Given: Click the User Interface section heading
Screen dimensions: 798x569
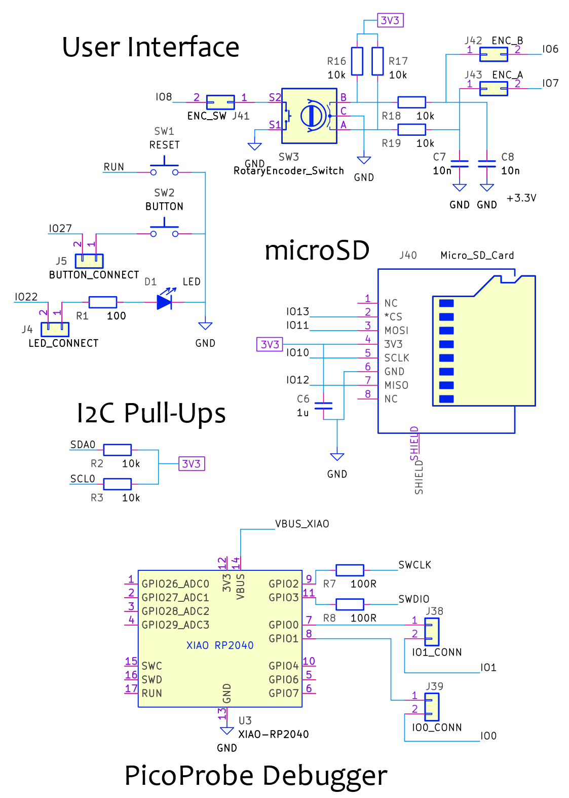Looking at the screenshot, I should pyautogui.click(x=150, y=47).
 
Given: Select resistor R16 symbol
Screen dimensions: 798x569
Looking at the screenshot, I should pyautogui.click(x=357, y=61).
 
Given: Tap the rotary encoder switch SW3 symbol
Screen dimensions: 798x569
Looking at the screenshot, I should pyautogui.click(x=309, y=116).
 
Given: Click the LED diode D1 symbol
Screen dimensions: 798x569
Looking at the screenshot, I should pyautogui.click(x=164, y=302).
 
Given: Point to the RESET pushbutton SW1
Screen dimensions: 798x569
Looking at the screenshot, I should pyautogui.click(x=164, y=167).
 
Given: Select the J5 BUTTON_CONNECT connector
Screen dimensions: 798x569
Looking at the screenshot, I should pyautogui.click(x=89, y=261).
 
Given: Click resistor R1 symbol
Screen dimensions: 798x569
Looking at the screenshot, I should pyautogui.click(x=103, y=302).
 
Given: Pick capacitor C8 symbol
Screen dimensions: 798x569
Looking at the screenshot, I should pyautogui.click(x=487, y=164).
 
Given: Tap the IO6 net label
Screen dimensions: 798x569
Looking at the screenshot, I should pyautogui.click(x=550, y=49).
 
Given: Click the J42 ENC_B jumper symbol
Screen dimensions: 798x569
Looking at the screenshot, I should pyautogui.click(x=494, y=54).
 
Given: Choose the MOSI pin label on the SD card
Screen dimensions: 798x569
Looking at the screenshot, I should pyautogui.click(x=396, y=331).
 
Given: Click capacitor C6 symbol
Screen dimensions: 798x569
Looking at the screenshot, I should pyautogui.click(x=323, y=406).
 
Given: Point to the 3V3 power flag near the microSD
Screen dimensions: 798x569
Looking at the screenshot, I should pyautogui.click(x=270, y=345).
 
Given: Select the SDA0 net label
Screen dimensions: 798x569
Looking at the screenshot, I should pyautogui.click(x=83, y=445).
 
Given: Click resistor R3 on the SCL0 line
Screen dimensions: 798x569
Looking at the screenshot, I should pyautogui.click(x=117, y=484).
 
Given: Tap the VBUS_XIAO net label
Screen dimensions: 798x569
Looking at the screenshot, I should pyautogui.click(x=302, y=524).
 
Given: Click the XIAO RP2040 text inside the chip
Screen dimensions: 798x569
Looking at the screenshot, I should pyautogui.click(x=220, y=645).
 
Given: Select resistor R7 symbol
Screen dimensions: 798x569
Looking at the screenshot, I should pyautogui.click(x=350, y=570).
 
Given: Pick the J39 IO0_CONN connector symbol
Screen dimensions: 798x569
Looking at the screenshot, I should pyautogui.click(x=432, y=707).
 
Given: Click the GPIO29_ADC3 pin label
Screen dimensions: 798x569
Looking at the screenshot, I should pyautogui.click(x=175, y=625).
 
